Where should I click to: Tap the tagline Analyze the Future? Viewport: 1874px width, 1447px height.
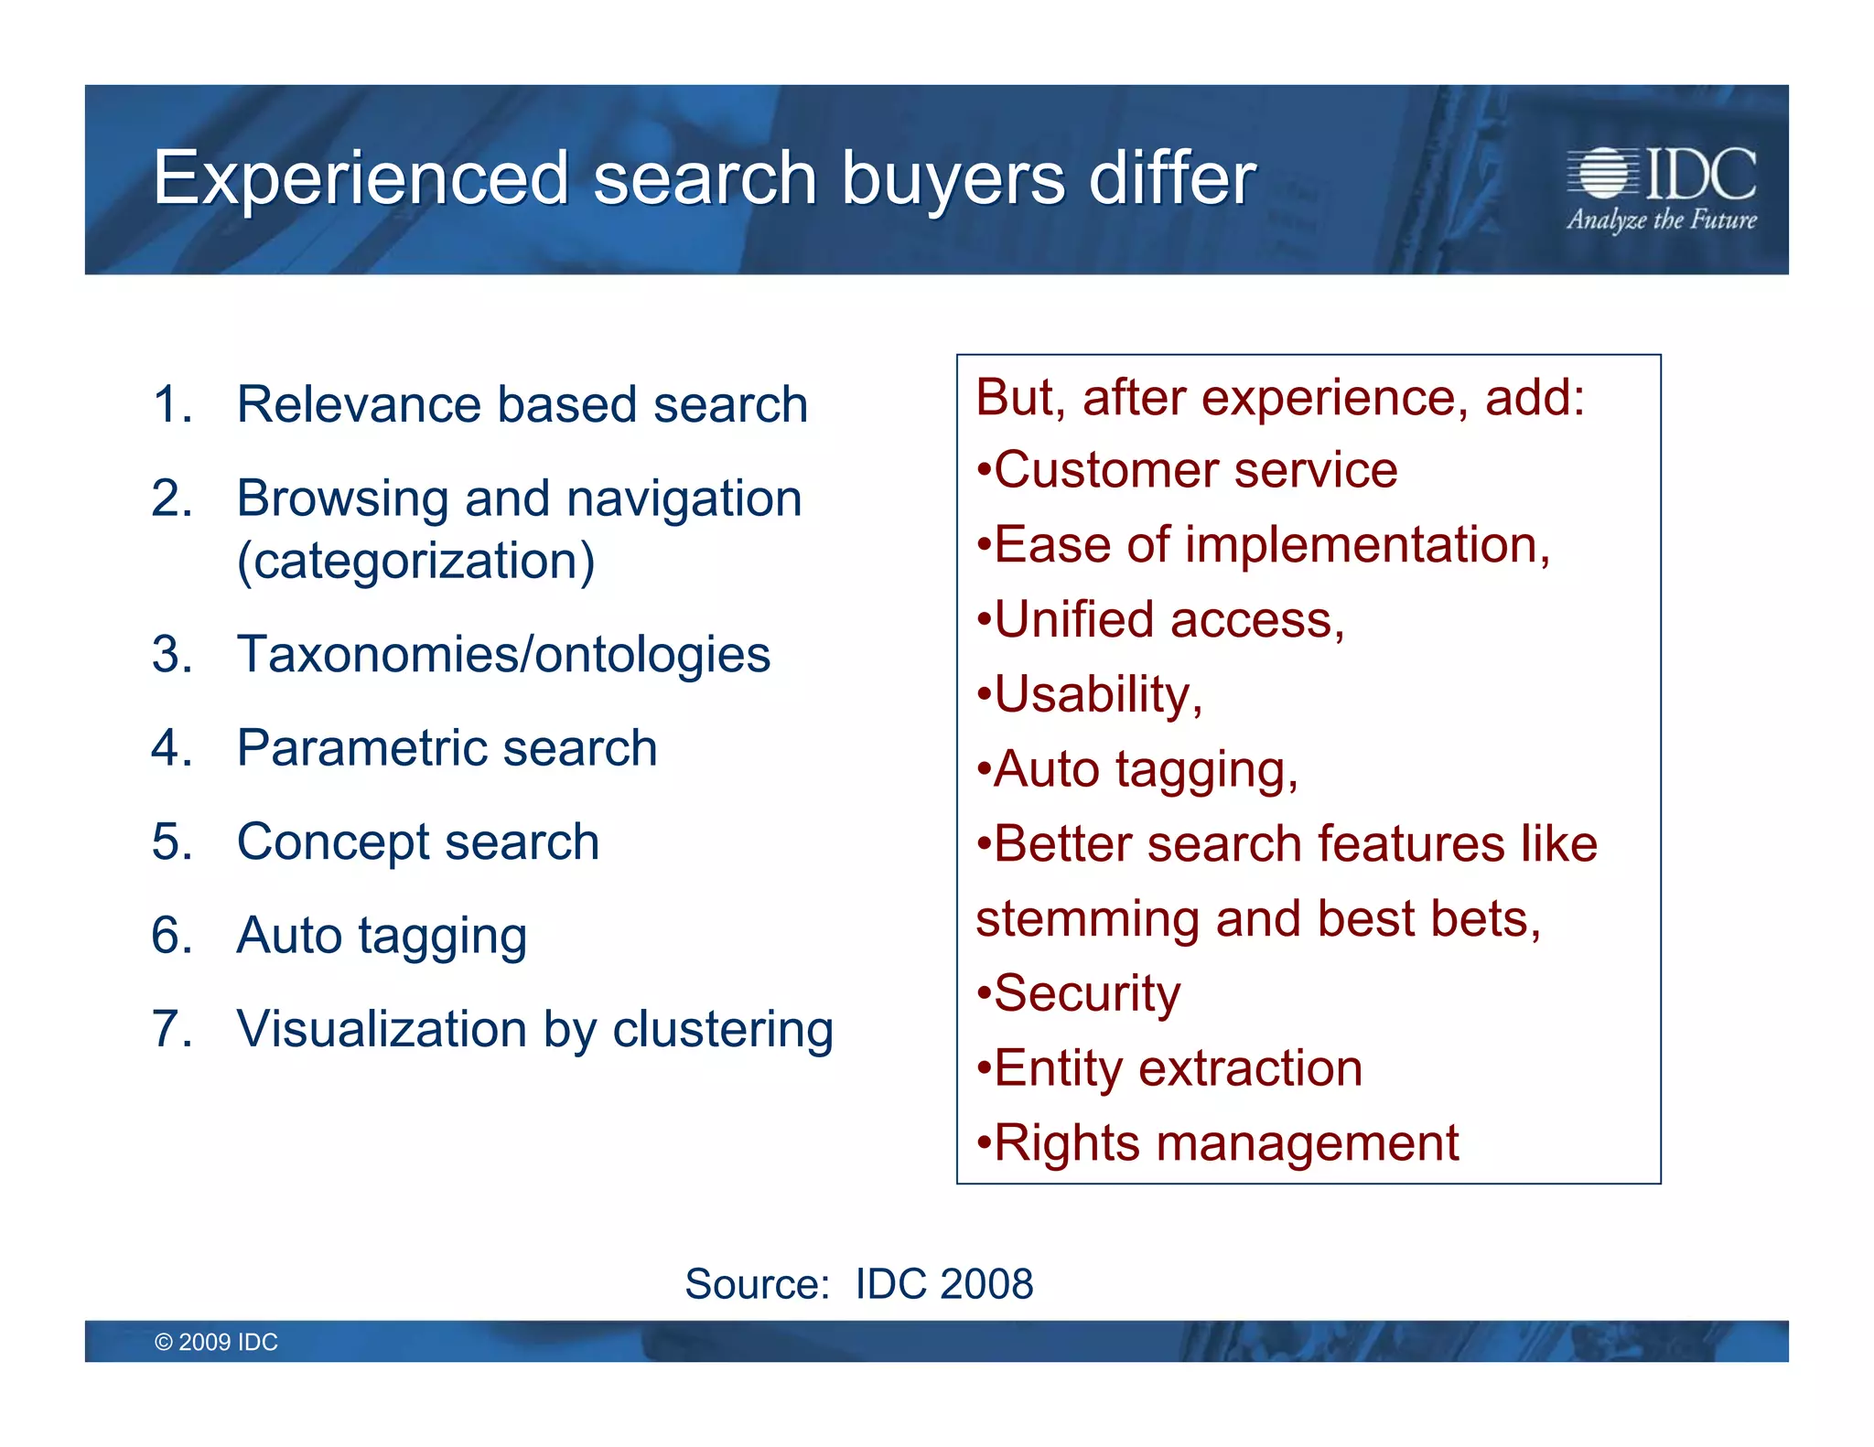pyautogui.click(x=1661, y=220)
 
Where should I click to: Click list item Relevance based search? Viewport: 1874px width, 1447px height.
pyautogui.click(x=522, y=404)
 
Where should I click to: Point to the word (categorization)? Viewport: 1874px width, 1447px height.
pyautogui.click(x=415, y=561)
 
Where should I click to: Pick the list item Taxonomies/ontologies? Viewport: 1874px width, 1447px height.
pyautogui.click(x=503, y=655)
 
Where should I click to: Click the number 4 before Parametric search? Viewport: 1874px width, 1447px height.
pyautogui.click(x=169, y=748)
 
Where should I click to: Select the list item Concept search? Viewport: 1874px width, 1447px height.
pyautogui.click(x=417, y=841)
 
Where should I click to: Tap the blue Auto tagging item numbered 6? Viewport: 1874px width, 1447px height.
pyautogui.click(x=382, y=936)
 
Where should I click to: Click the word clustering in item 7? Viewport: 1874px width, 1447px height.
pyautogui.click(x=723, y=1030)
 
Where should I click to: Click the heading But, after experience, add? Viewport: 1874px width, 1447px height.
pyautogui.click(x=1279, y=398)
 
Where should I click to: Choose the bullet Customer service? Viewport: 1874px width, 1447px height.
pyautogui.click(x=1194, y=471)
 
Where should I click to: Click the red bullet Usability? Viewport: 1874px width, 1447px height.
pyautogui.click(x=1096, y=695)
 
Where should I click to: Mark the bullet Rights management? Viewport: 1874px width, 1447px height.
pyautogui.click(x=1225, y=1143)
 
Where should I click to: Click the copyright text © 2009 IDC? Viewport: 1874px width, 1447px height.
pyautogui.click(x=216, y=1342)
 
